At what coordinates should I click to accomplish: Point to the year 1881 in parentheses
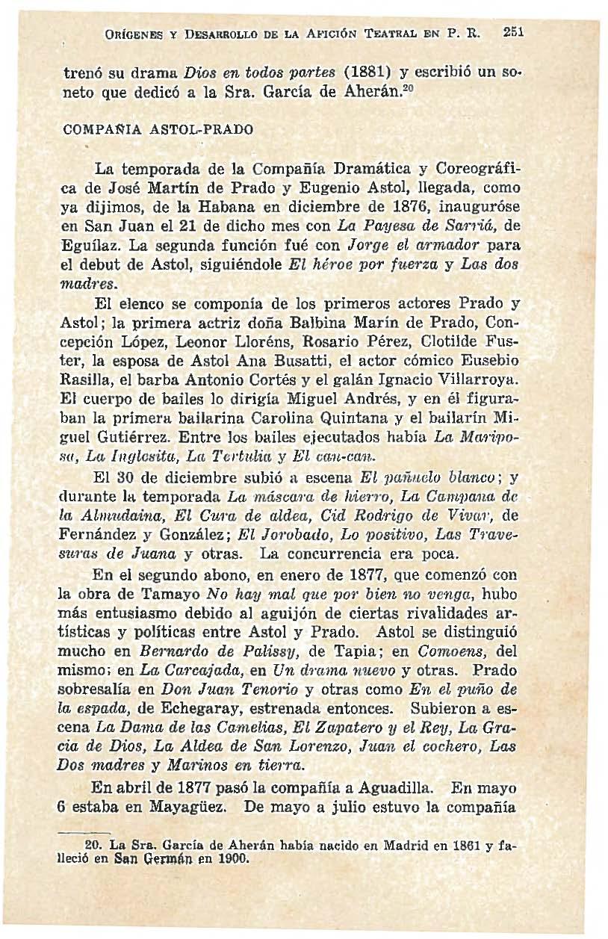pos(364,75)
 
